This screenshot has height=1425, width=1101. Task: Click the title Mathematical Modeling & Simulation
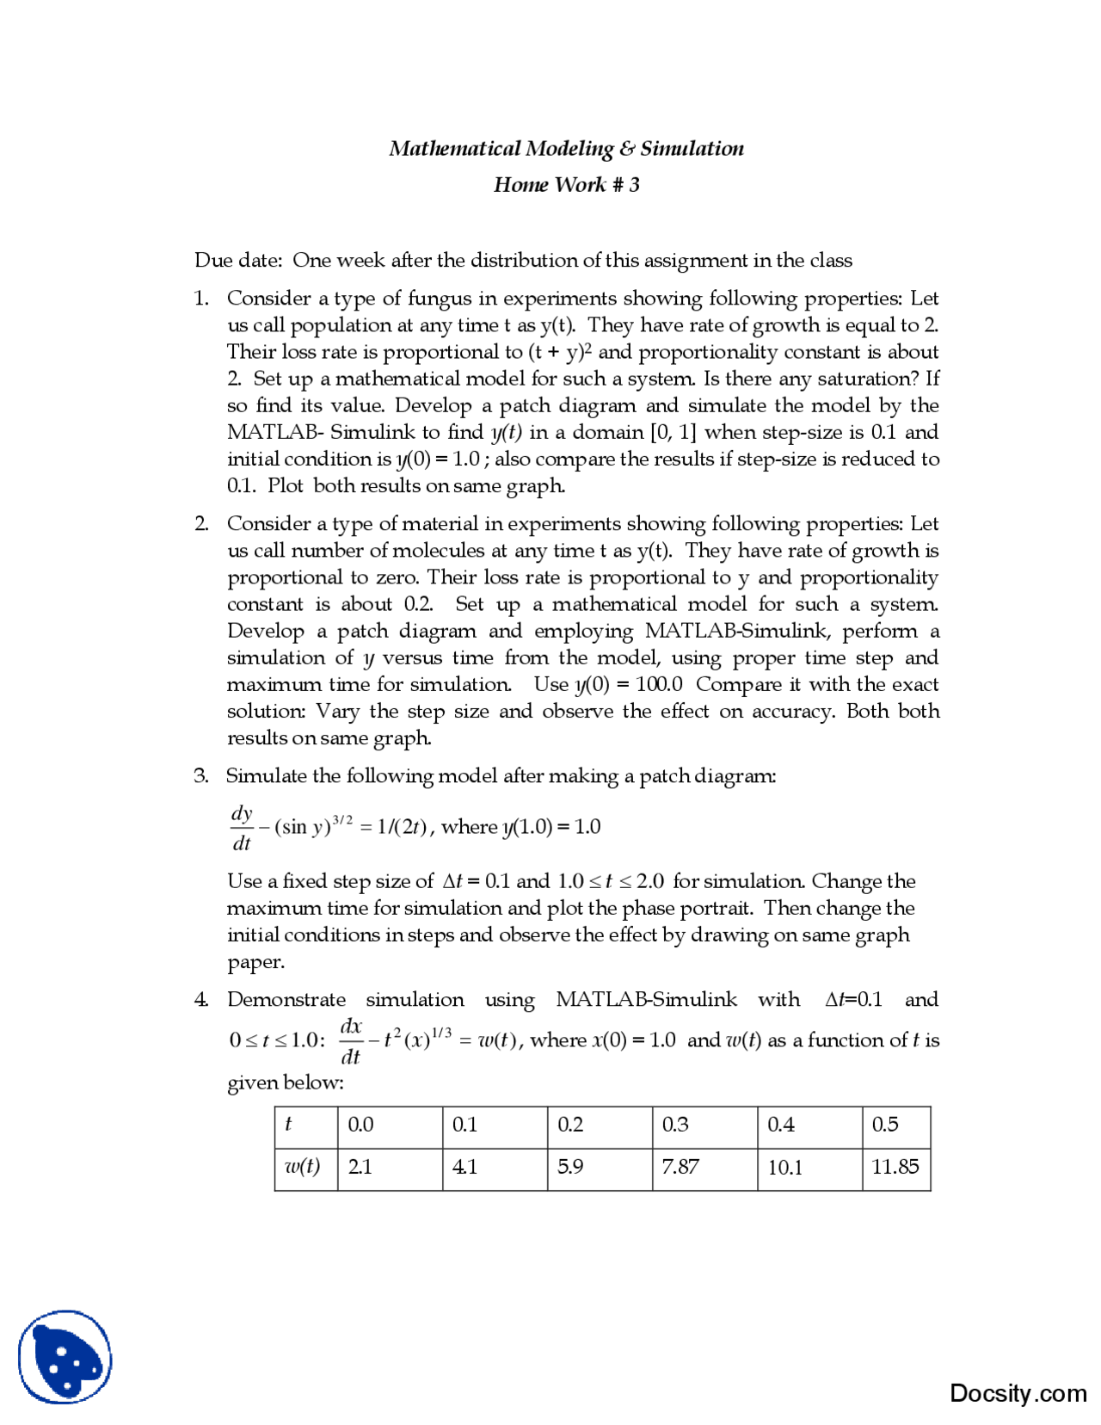pos(566,149)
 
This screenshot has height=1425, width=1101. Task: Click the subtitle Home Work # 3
pos(566,185)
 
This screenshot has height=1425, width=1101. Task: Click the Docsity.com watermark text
pos(1018,1393)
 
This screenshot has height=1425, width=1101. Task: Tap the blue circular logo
pos(65,1357)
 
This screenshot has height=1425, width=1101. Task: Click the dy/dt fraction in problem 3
pos(242,828)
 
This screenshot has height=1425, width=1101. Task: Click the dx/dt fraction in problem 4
pos(350,1041)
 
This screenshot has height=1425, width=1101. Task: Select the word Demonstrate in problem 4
pos(286,1000)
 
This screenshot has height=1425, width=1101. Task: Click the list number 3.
pos(200,776)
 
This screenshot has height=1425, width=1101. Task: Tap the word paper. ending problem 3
pos(255,962)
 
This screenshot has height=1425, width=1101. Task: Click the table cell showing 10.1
pos(784,1167)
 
